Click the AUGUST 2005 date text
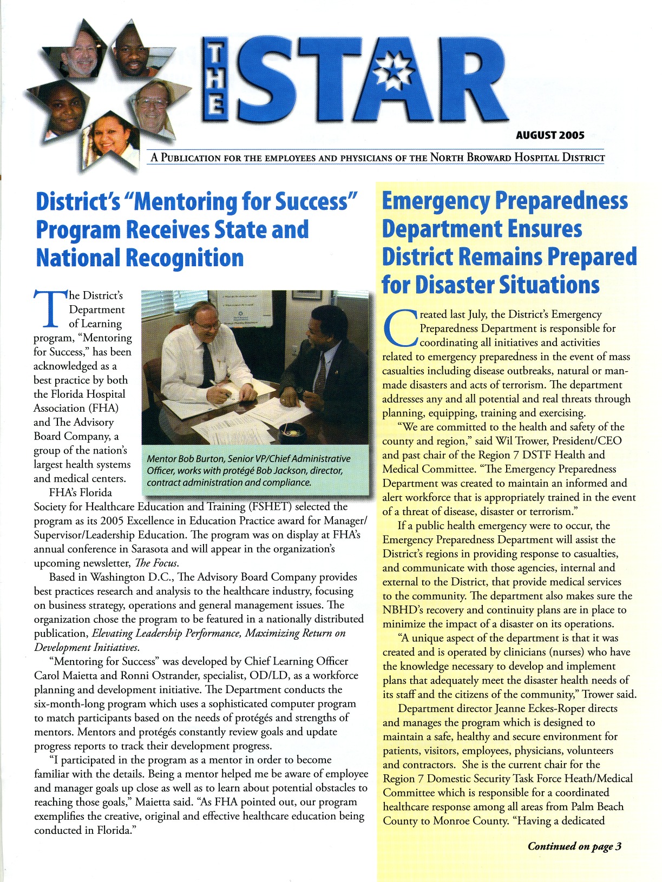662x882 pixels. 550,135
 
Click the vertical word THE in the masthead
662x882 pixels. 215,81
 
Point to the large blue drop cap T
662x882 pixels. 50,308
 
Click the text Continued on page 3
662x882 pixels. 574,846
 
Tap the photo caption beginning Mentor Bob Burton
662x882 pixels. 248,470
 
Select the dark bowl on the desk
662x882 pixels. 293,432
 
